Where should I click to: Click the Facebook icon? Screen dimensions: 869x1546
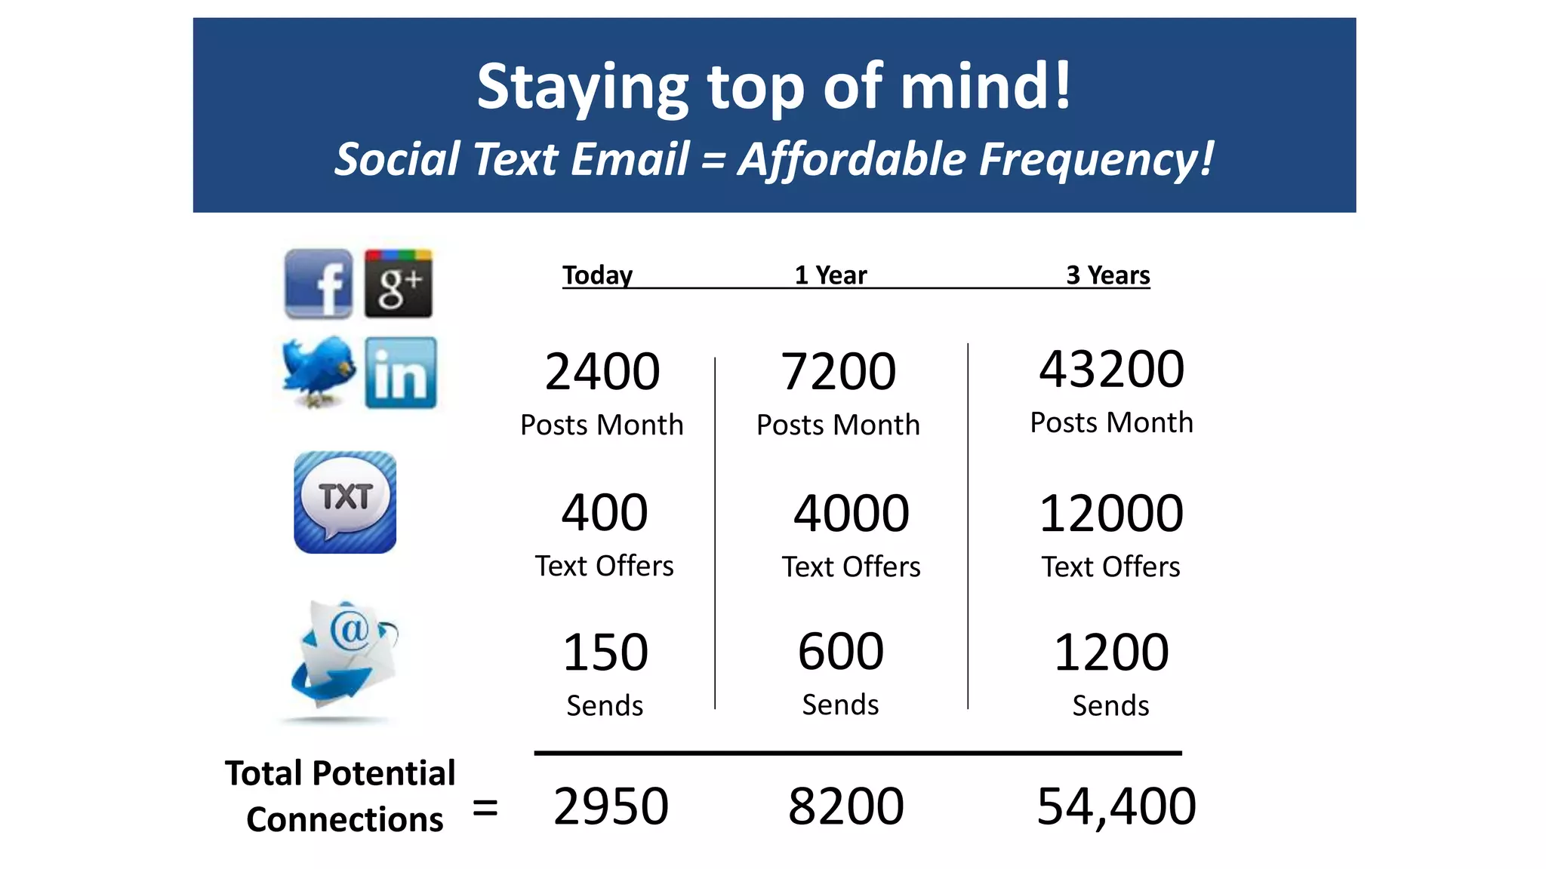coord(318,284)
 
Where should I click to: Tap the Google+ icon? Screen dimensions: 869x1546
coord(399,284)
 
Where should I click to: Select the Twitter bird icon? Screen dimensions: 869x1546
coord(318,372)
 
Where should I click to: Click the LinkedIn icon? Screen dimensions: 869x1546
coord(400,373)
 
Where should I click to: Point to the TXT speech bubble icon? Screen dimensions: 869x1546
coord(345,502)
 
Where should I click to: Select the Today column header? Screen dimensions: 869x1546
coord(597,275)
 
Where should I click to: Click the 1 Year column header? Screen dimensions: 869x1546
coord(830,275)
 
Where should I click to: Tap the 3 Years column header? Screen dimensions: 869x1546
coord(1107,275)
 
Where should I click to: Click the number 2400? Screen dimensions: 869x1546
coord(602,372)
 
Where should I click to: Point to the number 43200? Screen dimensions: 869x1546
coord(1111,370)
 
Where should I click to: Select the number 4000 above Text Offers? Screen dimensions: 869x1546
coord(851,514)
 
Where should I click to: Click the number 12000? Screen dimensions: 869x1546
coord(1110,514)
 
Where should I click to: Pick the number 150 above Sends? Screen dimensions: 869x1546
coord(605,653)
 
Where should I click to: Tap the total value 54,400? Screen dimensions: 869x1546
coord(1116,806)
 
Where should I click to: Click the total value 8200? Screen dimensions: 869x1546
coord(845,806)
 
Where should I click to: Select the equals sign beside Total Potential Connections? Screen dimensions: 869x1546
coord(485,808)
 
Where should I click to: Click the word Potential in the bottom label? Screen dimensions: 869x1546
coord(383,774)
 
